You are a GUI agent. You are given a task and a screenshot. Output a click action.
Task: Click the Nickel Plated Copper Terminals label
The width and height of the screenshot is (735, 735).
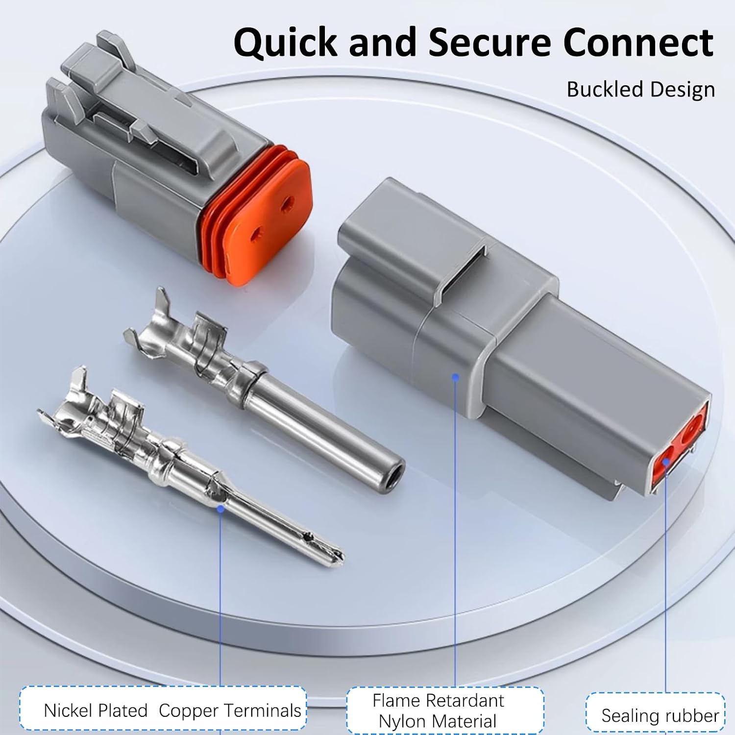pyautogui.click(x=172, y=710)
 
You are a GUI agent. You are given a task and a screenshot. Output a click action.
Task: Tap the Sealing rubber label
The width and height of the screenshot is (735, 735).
pyautogui.click(x=660, y=716)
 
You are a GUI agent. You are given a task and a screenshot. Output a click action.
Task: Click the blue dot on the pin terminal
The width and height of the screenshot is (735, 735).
pyautogui.click(x=220, y=509)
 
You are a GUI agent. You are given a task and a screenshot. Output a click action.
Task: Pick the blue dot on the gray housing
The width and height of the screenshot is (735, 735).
pyautogui.click(x=455, y=377)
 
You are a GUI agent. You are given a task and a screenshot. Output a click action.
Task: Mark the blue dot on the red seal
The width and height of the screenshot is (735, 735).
pyautogui.click(x=666, y=461)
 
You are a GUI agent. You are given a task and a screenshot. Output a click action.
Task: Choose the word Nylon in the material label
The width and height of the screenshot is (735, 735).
pyautogui.click(x=401, y=722)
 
